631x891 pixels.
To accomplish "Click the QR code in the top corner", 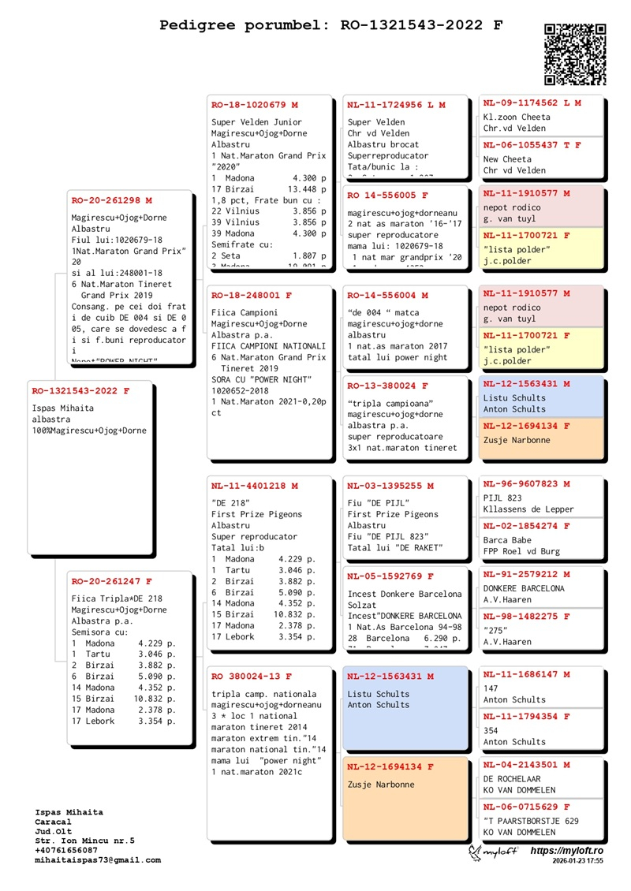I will (575, 54).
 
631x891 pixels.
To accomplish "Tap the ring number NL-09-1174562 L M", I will (532, 103).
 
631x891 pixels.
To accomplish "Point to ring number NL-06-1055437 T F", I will (532, 145).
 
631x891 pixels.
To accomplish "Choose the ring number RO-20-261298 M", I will (111, 200).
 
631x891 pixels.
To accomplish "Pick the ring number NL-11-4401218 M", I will (255, 486).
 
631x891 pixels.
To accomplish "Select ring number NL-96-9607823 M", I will (526, 483).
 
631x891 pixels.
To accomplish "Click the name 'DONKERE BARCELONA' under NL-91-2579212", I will (524, 588).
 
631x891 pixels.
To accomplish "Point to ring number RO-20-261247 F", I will (111, 581).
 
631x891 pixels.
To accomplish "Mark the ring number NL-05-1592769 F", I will (390, 576).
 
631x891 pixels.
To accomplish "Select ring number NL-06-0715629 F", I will (526, 807).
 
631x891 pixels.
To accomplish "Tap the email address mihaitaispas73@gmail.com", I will (98, 860).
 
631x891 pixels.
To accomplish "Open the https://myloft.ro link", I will (566, 852).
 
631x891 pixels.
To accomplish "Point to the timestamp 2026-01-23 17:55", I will (577, 862).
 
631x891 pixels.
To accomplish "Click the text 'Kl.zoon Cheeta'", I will (517, 117).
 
